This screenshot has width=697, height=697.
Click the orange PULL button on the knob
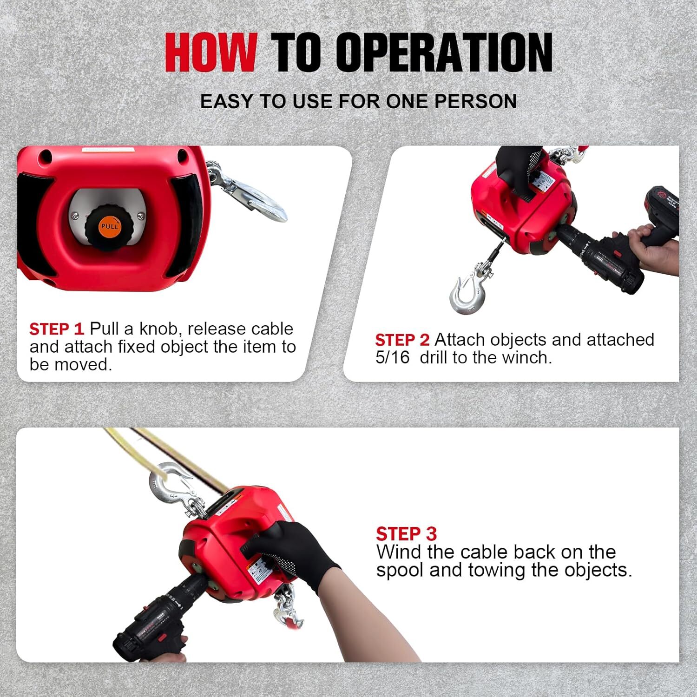tap(110, 227)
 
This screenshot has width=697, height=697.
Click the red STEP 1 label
tap(56, 329)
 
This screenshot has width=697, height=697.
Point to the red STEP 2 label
tap(402, 340)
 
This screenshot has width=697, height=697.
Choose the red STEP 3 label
tap(406, 534)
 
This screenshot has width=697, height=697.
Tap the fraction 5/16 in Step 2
tap(393, 358)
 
